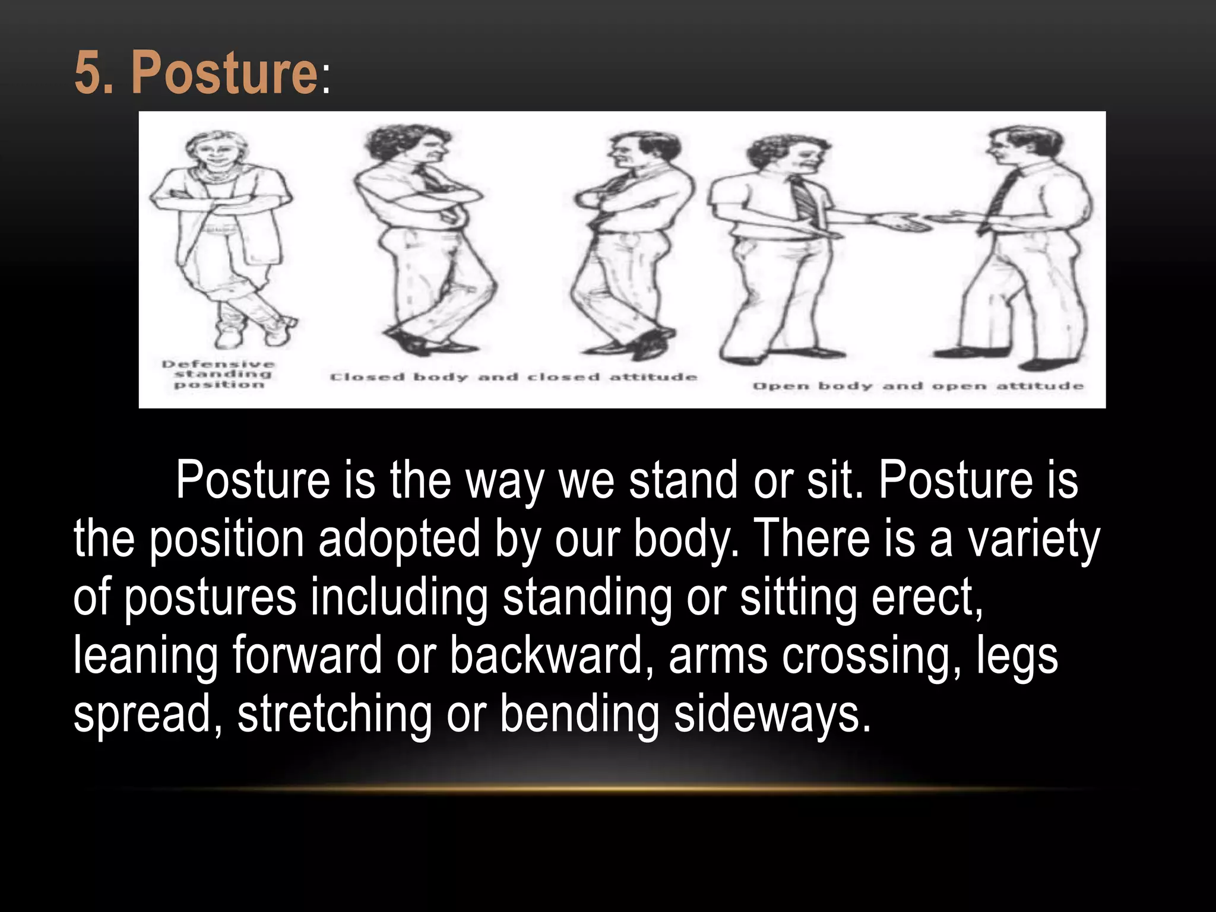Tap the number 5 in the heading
88,72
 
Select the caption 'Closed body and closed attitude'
513,377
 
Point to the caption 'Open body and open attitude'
918,387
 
